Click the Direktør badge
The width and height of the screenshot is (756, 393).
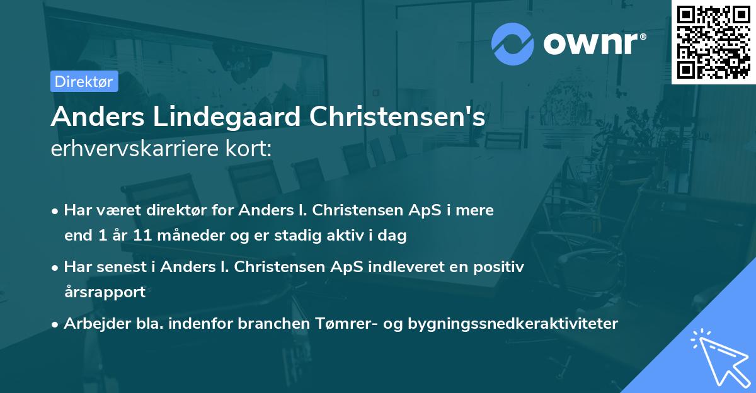coord(84,81)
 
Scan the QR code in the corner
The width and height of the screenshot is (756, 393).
coord(713,42)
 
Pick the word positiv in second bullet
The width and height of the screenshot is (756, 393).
coord(501,266)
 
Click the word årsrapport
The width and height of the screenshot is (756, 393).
coord(105,292)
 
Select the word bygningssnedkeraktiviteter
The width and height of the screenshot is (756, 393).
coord(513,323)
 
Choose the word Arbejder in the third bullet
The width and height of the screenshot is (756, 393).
coord(92,323)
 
